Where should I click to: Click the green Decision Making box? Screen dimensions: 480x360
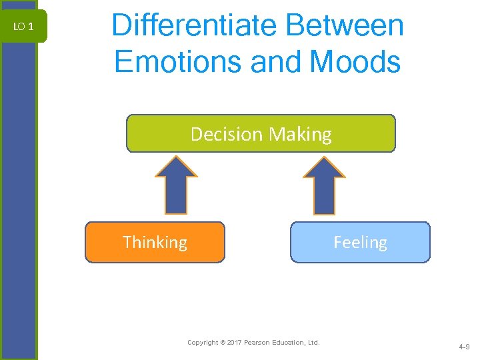tap(261, 133)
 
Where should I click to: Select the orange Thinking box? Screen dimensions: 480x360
tap(155, 242)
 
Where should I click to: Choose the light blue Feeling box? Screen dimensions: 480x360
tap(360, 242)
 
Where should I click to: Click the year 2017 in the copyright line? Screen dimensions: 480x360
tap(235, 343)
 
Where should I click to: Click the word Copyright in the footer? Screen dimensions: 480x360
tap(203, 343)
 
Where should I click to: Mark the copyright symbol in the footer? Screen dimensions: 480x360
tap(222, 343)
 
